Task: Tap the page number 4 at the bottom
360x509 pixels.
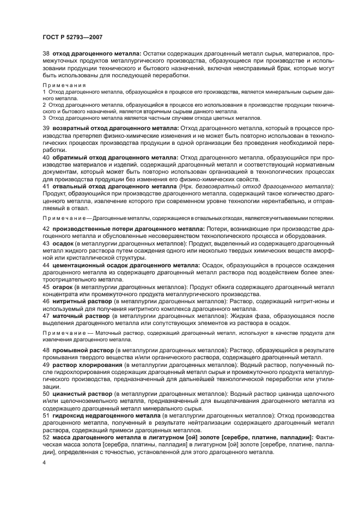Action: pyautogui.click(x=45, y=462)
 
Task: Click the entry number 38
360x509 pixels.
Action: pyautogui.click(x=46, y=54)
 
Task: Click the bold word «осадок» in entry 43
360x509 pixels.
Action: pyautogui.click(x=63, y=243)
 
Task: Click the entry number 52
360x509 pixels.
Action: pyautogui.click(x=46, y=437)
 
